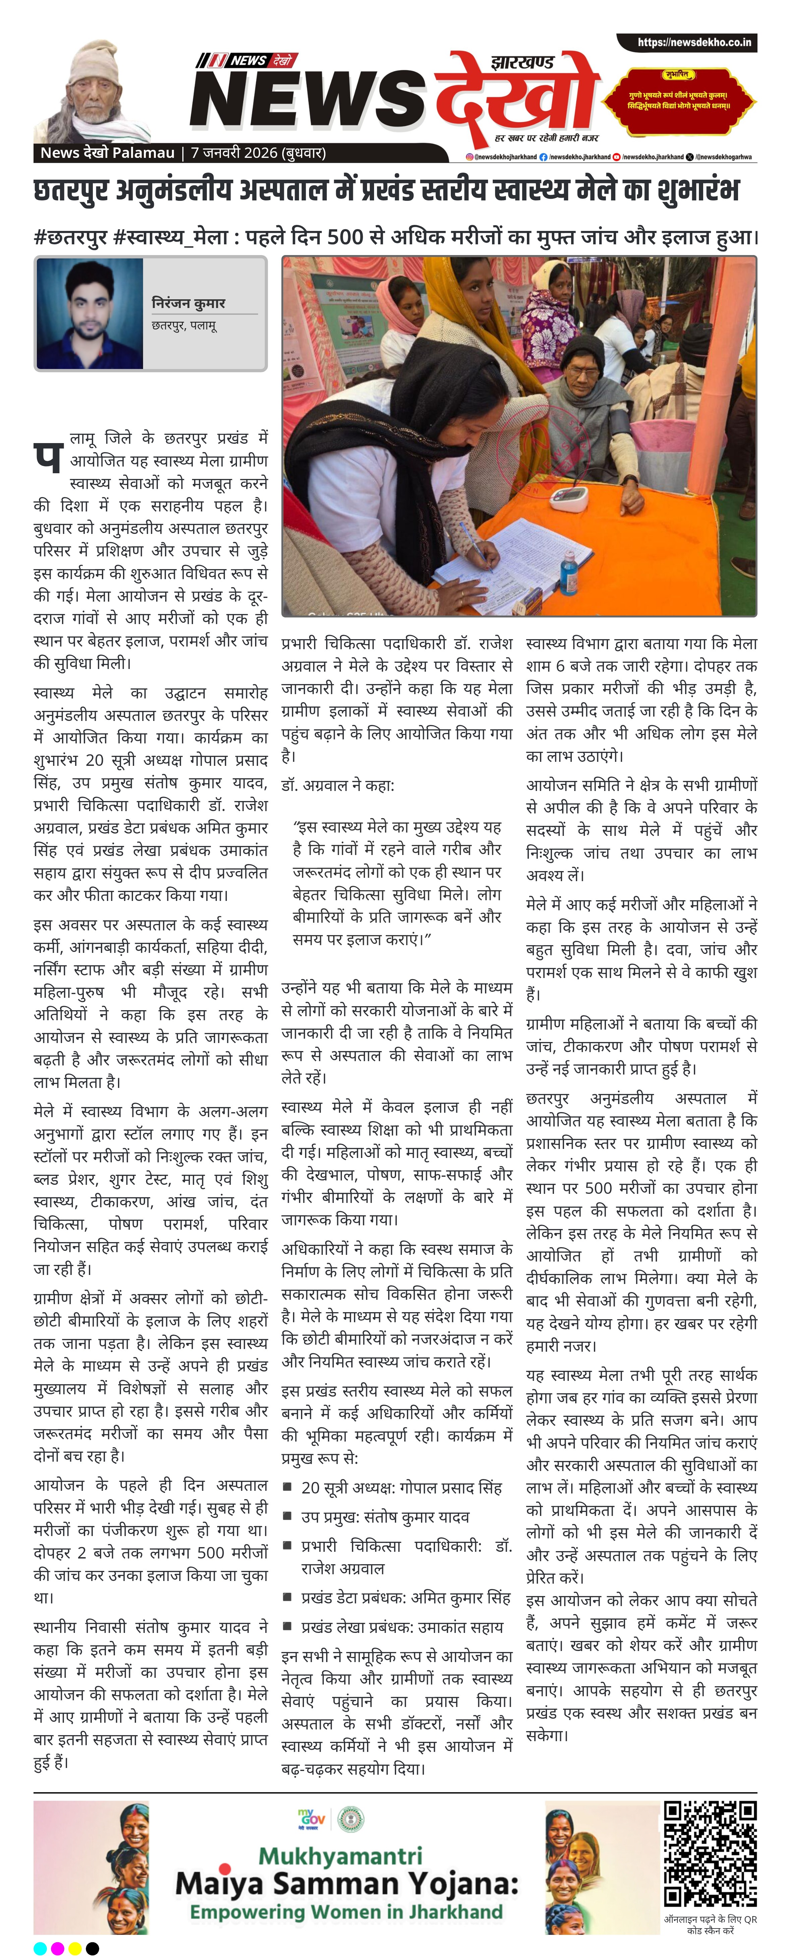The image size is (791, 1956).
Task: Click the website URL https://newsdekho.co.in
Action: click(x=694, y=43)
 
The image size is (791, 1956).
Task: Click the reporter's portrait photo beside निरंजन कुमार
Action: click(x=89, y=313)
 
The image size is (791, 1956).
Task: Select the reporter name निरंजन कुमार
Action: click(x=188, y=303)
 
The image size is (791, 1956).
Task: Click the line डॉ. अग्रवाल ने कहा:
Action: click(x=338, y=785)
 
